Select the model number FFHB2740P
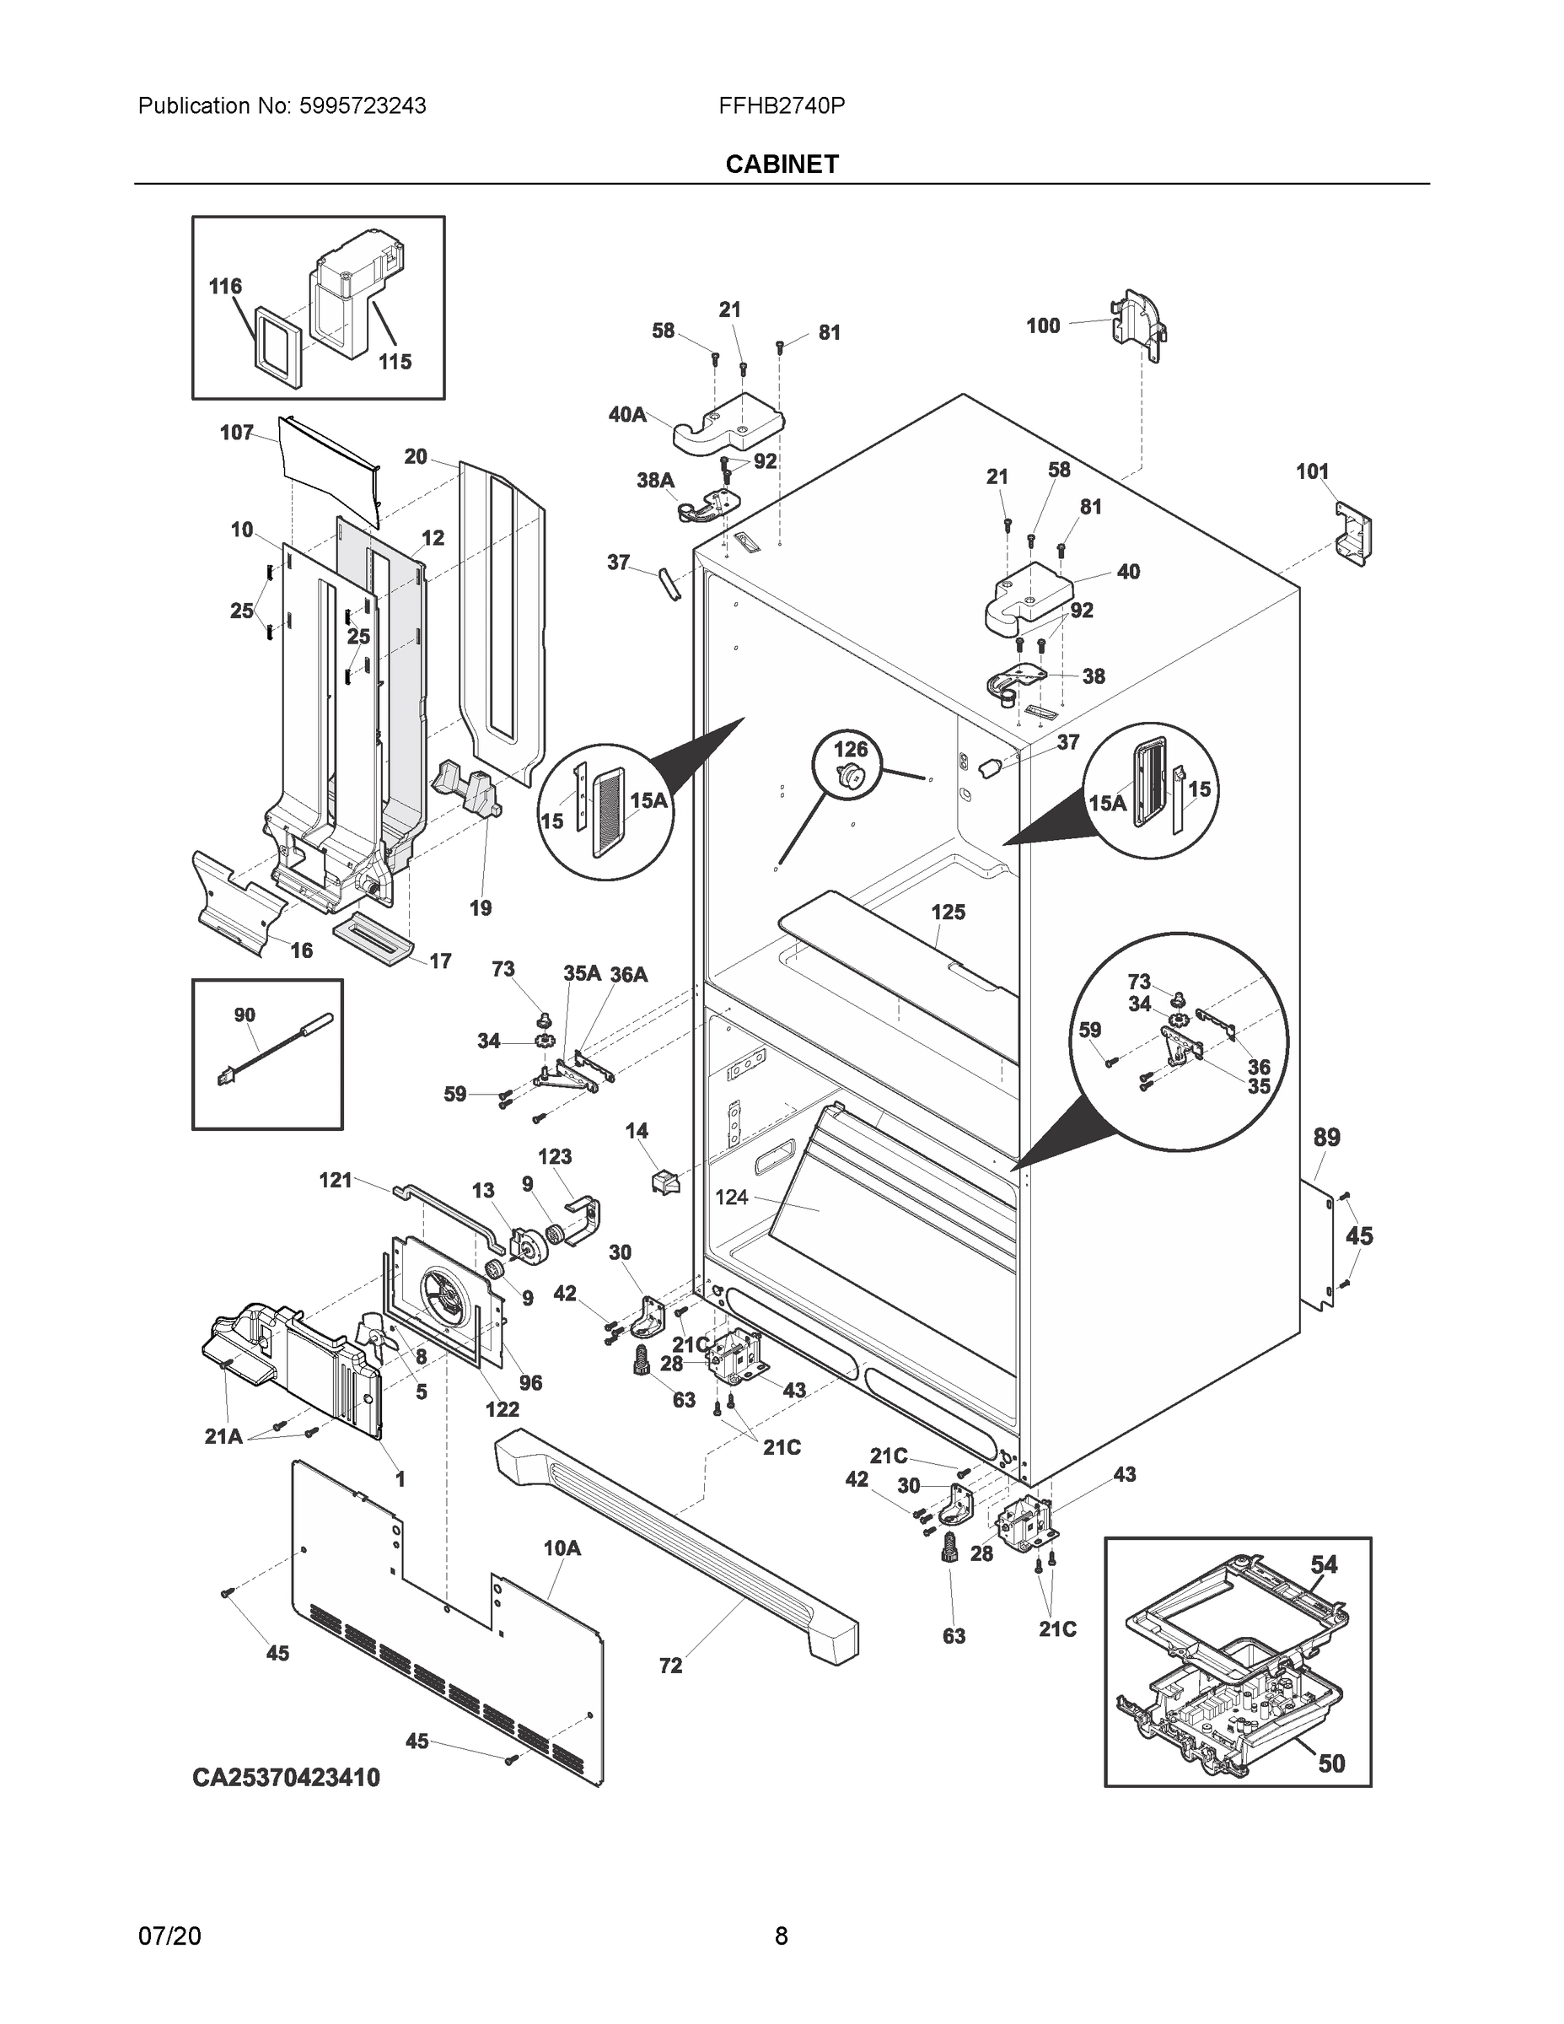pyautogui.click(x=781, y=105)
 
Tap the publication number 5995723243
pyautogui.click(x=363, y=105)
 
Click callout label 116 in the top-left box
pyautogui.click(x=225, y=287)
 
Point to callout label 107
pyautogui.click(x=236, y=433)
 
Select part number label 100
pyautogui.click(x=1042, y=326)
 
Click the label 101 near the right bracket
pyautogui.click(x=1312, y=471)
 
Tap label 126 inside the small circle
pyautogui.click(x=851, y=749)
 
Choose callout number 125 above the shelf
pyautogui.click(x=948, y=912)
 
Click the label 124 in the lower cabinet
pyautogui.click(x=731, y=1198)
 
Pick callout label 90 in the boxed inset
pyautogui.click(x=244, y=1015)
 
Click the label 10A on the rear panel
pyautogui.click(x=562, y=1548)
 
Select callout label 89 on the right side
pyautogui.click(x=1326, y=1137)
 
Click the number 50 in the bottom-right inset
pyautogui.click(x=1330, y=1763)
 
